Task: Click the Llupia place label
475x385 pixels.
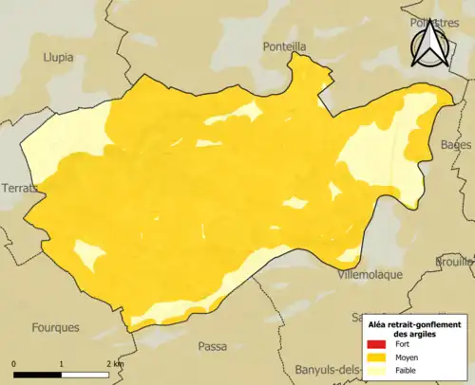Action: click(59, 57)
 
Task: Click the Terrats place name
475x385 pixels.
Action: click(20, 188)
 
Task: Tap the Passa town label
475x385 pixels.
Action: click(212, 346)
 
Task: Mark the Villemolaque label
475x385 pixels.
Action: click(370, 274)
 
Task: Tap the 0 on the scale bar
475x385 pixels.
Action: click(14, 363)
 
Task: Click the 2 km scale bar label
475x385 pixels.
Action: click(115, 363)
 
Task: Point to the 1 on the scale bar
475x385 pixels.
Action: click(62, 363)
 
